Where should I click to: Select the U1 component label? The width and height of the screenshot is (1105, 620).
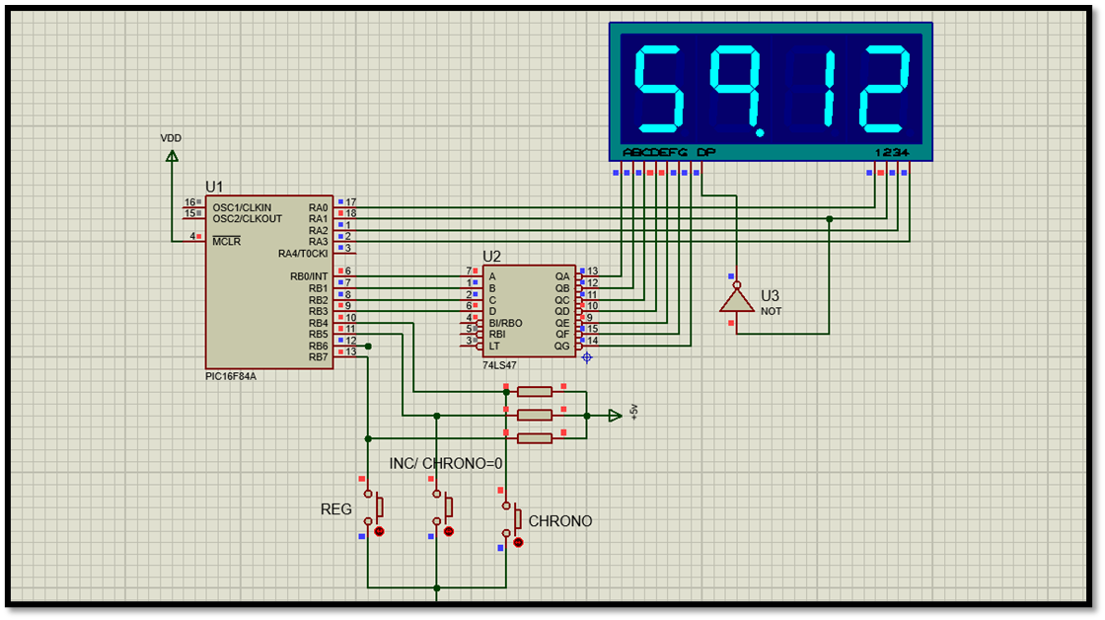(214, 187)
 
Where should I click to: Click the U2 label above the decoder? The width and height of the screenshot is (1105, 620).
(491, 257)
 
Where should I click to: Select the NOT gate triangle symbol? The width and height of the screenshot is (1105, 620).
(735, 299)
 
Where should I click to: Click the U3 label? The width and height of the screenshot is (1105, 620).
(770, 295)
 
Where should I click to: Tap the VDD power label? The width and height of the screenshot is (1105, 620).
(172, 138)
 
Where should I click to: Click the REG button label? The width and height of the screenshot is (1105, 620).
(336, 509)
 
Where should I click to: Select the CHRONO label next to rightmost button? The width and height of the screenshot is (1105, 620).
(560, 520)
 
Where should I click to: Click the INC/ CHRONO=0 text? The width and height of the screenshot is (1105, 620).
(446, 463)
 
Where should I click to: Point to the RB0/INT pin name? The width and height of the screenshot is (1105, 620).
(309, 275)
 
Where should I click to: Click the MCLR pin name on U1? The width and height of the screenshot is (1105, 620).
(228, 242)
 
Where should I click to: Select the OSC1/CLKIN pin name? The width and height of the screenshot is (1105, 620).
(242, 207)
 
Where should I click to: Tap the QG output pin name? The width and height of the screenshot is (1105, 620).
(561, 346)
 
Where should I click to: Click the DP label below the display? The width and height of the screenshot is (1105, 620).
(705, 152)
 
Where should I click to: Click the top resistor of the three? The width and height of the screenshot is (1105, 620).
(534, 392)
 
